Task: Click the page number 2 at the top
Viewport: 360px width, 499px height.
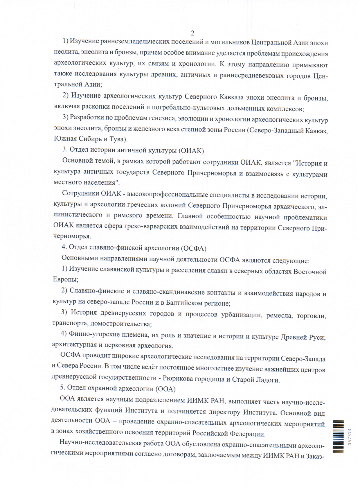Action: (192, 33)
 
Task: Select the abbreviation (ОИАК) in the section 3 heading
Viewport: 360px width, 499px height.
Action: (191, 151)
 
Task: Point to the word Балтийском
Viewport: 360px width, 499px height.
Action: (184, 303)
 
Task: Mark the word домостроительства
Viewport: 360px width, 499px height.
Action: (121, 324)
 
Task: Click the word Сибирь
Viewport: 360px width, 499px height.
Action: (90, 139)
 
